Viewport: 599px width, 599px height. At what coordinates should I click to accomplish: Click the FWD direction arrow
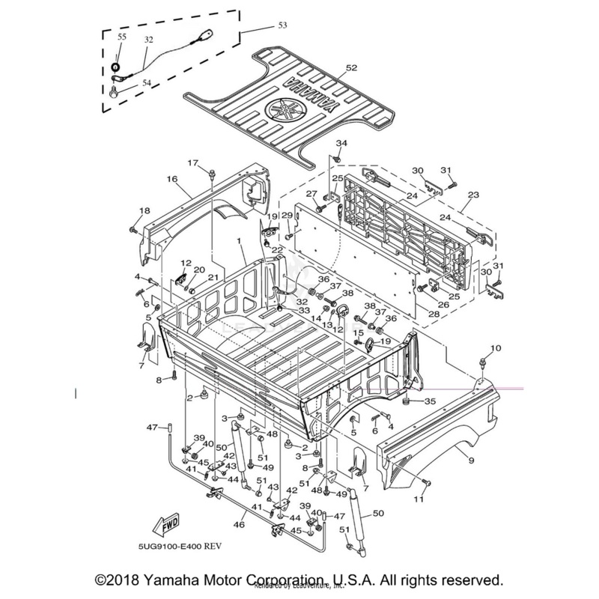coord(165,521)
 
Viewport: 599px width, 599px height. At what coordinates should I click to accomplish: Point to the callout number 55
coord(122,37)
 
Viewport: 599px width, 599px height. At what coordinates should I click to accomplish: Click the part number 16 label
coord(171,180)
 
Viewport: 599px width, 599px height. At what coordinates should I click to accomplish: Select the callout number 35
coord(430,402)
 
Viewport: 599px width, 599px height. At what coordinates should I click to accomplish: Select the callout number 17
coord(192,163)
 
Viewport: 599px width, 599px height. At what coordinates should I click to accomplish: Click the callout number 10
coord(495,349)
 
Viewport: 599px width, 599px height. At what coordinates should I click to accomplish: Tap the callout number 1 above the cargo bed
coord(239,242)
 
